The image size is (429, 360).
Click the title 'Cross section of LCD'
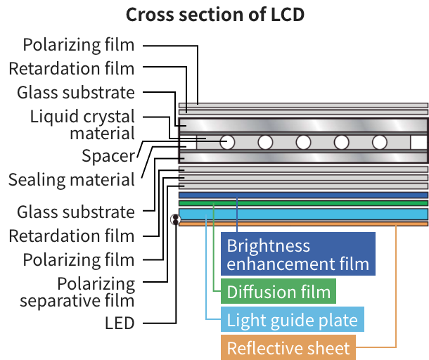click(214, 15)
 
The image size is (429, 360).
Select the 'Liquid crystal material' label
click(82, 124)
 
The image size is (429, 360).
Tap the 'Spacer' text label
click(108, 155)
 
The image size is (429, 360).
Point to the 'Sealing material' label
click(71, 180)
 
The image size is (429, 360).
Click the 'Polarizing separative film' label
click(78, 292)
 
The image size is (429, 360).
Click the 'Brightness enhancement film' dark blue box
click(297, 255)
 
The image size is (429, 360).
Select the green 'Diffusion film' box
click(278, 291)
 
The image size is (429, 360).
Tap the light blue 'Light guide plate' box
click(291, 320)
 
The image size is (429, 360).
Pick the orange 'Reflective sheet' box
click(288, 348)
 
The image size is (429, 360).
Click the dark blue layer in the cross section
click(303, 195)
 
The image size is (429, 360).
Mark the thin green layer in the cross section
click(303, 203)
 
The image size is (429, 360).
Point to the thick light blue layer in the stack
click(303, 214)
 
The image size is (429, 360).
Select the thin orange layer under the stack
click(303, 224)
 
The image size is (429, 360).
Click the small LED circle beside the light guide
click(176, 219)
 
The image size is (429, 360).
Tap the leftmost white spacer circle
click(227, 142)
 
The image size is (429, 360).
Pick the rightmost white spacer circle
click(380, 142)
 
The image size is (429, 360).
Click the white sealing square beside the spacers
click(418, 142)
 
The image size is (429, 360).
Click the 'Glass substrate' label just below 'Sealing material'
click(75, 212)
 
